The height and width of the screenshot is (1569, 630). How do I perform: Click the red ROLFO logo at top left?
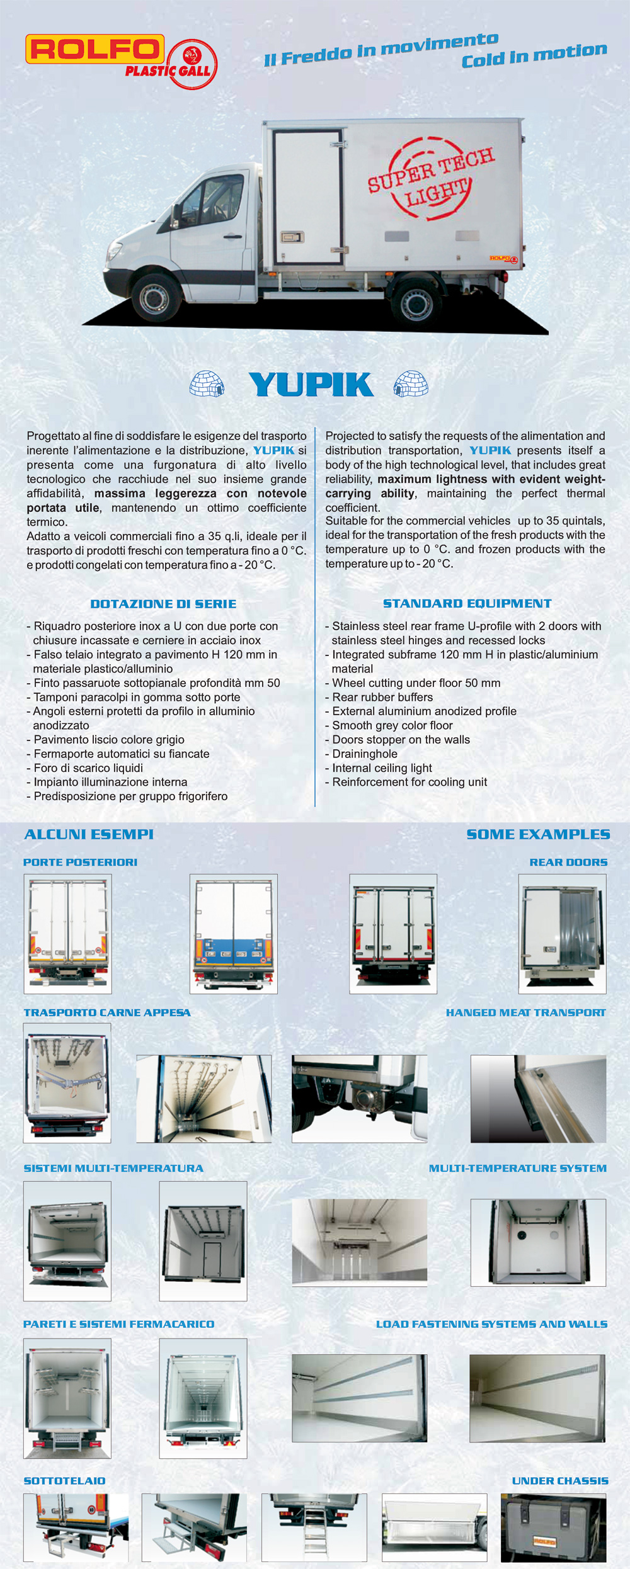(x=94, y=50)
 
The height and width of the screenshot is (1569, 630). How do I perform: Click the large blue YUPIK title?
(x=311, y=384)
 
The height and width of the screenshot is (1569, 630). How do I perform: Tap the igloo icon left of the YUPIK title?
(x=207, y=383)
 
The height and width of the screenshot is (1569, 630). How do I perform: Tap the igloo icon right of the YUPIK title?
(x=411, y=383)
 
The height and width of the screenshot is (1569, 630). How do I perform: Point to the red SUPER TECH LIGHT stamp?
(x=431, y=178)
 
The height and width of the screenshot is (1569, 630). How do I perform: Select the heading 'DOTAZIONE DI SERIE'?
(x=163, y=604)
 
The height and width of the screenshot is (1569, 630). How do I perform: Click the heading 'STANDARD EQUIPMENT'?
(x=467, y=603)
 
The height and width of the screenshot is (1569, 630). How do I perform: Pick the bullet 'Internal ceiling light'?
(x=382, y=768)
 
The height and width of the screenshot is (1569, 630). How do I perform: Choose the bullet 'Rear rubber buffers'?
(x=382, y=697)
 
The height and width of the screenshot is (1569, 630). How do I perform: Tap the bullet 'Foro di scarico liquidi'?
(x=88, y=768)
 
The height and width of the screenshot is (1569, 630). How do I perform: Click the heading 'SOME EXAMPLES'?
(x=538, y=834)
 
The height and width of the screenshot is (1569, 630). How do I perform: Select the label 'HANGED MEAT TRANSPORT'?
(x=525, y=1012)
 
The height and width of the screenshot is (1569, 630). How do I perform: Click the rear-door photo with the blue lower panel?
(x=234, y=933)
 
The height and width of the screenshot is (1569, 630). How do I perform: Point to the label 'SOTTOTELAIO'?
(x=64, y=1481)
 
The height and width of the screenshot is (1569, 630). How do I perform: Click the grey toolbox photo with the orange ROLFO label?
(x=553, y=1527)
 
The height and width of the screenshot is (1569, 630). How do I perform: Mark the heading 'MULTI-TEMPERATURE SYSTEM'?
(x=517, y=1168)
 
